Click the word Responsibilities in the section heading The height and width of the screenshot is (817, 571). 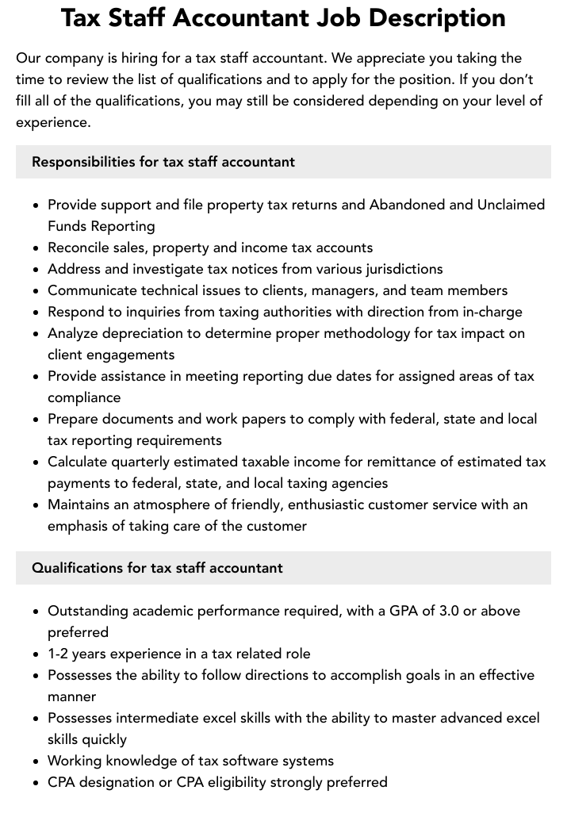(83, 162)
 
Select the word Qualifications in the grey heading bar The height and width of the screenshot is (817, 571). (77, 568)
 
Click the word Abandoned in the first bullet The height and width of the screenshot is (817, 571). (407, 205)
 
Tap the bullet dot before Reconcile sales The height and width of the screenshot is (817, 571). (36, 248)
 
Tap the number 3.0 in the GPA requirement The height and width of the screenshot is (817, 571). (450, 611)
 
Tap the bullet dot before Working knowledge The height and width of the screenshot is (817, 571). (36, 761)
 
